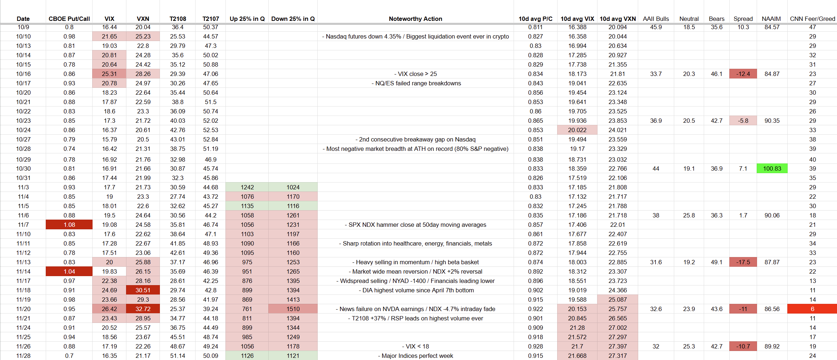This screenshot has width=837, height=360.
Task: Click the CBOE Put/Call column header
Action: (69, 19)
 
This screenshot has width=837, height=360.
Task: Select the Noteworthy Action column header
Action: (415, 19)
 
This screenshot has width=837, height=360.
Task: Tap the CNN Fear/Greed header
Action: (812, 19)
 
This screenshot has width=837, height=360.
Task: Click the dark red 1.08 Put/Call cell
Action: (69, 225)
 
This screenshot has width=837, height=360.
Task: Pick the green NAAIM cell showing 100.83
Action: (772, 168)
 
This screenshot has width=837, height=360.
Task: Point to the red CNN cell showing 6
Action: (812, 309)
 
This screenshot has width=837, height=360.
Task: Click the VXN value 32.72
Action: (143, 309)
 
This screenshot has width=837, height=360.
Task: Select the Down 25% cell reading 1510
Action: (293, 309)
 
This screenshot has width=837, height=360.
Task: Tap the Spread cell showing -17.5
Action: (743, 262)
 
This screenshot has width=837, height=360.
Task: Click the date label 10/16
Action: (23, 74)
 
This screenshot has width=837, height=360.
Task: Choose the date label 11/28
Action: (23, 356)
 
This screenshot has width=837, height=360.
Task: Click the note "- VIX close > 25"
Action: (415, 74)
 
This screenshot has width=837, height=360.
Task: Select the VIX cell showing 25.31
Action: (109, 74)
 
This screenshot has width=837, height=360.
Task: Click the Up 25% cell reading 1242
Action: (247, 187)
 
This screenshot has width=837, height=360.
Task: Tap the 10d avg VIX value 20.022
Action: (577, 130)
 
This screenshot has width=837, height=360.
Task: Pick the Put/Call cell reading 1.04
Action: (69, 271)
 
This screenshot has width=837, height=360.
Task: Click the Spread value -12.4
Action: (743, 74)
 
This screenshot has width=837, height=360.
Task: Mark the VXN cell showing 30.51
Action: (143, 290)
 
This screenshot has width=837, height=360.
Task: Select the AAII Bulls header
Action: (655, 19)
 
